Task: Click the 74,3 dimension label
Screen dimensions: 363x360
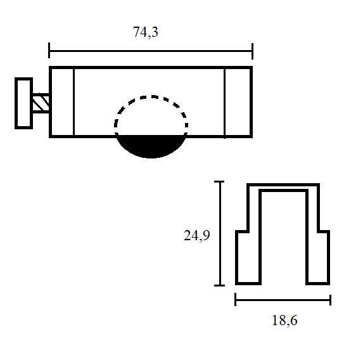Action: point(145,32)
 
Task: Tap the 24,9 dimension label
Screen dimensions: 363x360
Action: point(197,235)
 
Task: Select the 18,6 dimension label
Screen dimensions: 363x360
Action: point(284,320)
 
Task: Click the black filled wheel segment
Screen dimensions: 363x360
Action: point(151,146)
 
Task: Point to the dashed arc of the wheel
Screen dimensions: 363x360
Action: point(151,96)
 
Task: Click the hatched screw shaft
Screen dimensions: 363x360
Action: point(41,103)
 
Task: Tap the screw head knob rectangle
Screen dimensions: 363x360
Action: point(23,103)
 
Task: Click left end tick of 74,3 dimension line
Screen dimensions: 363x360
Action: point(49,50)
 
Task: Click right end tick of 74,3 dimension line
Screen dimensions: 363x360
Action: point(252,51)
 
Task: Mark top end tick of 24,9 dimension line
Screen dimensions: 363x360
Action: point(219,182)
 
